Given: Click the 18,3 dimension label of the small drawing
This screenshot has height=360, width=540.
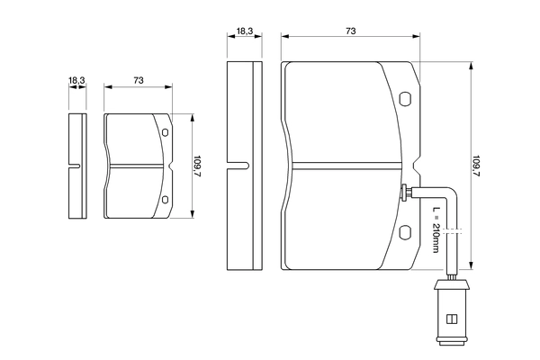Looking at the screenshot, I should click(x=76, y=81).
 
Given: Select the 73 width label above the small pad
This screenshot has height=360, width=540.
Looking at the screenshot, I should click(x=139, y=81).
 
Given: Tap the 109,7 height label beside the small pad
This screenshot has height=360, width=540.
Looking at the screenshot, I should click(x=198, y=166).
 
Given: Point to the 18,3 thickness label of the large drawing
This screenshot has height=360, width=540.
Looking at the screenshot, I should click(x=244, y=31).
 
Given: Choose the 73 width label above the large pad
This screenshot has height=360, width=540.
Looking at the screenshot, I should click(x=350, y=31).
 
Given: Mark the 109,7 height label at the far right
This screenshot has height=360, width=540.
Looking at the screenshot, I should click(x=477, y=166).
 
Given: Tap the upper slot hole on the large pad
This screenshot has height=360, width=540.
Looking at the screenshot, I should click(x=404, y=100).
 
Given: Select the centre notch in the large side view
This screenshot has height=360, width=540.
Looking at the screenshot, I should click(x=238, y=166).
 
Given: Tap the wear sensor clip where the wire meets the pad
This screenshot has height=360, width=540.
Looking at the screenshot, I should click(x=408, y=192).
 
